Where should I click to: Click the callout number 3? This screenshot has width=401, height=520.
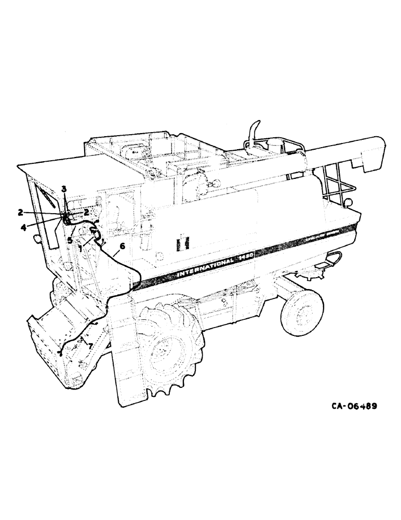(x=64, y=188)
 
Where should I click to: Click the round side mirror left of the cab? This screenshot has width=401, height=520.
(x=37, y=240)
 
